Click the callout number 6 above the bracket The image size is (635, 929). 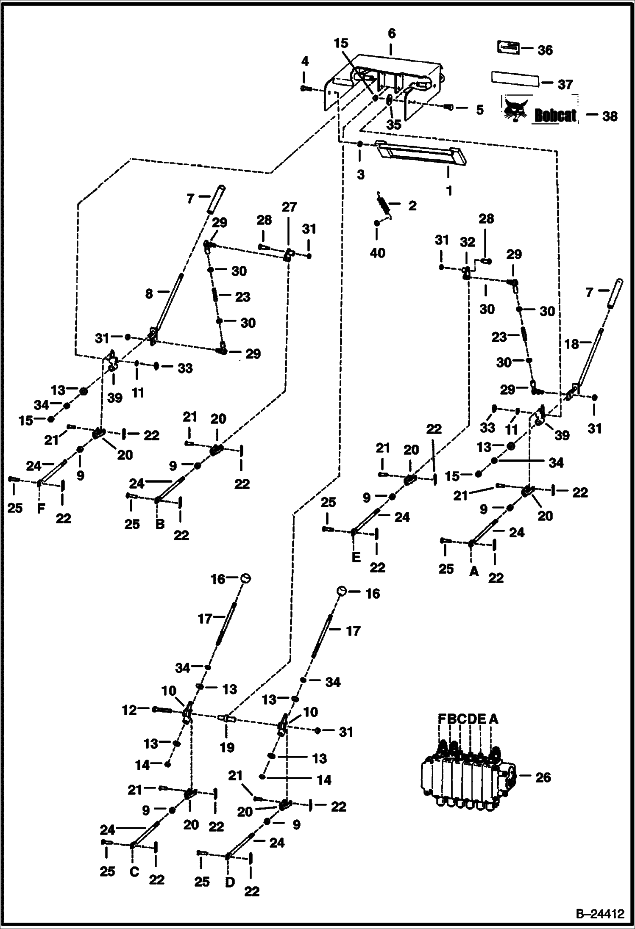tap(391, 33)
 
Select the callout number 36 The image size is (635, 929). tap(545, 50)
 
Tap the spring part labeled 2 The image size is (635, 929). tap(384, 203)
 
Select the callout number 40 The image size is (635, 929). tap(377, 253)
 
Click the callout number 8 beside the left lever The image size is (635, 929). tap(149, 293)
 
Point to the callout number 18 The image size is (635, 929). tap(571, 344)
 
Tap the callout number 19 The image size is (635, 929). tap(227, 747)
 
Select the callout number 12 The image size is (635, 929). tap(130, 710)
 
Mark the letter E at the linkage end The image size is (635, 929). tap(356, 557)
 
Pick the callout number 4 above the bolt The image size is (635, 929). tap(305, 62)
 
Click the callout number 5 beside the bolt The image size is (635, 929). tap(479, 110)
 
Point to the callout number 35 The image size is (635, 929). tap(393, 125)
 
